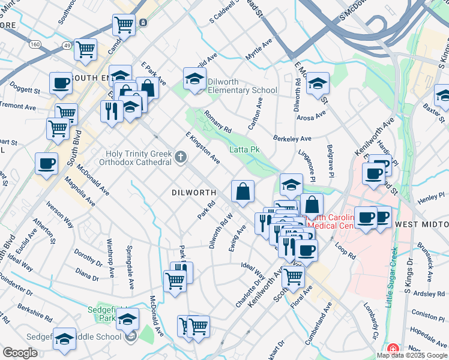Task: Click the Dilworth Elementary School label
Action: point(242,86)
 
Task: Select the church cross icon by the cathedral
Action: point(180,158)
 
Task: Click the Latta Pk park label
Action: point(244,149)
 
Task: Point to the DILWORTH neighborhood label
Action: point(193,193)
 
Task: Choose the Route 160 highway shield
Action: point(35,44)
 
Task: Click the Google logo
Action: point(20,353)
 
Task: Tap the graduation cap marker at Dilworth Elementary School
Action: point(194,79)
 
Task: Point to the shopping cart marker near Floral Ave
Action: point(293,276)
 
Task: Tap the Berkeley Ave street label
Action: point(292,138)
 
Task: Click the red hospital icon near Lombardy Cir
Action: point(393,349)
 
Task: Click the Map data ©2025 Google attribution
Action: point(412,355)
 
